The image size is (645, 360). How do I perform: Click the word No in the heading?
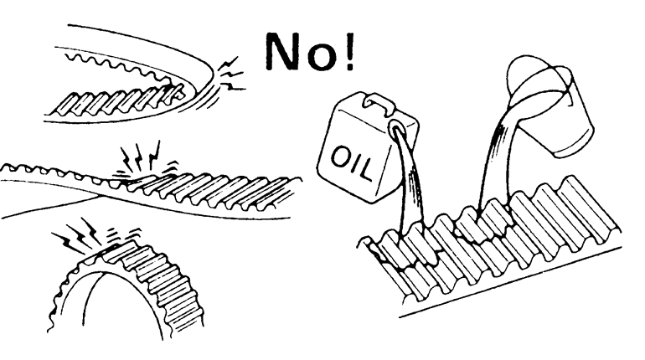coord(302,51)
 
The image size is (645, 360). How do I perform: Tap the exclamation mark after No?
coord(348,51)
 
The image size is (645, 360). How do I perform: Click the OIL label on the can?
coord(352,163)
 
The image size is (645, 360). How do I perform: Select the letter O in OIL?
coord(341,157)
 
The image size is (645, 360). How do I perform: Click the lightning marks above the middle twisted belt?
coord(142,158)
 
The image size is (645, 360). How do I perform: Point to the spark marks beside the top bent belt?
coord(230,75)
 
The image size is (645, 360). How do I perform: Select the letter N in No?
coord(286,51)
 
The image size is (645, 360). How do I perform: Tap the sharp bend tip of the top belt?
coord(213,77)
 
